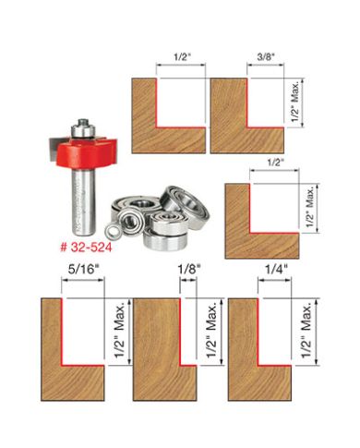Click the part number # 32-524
[x=75, y=248]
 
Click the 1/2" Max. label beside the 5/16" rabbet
[x=106, y=341]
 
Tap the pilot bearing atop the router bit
[x=83, y=121]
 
